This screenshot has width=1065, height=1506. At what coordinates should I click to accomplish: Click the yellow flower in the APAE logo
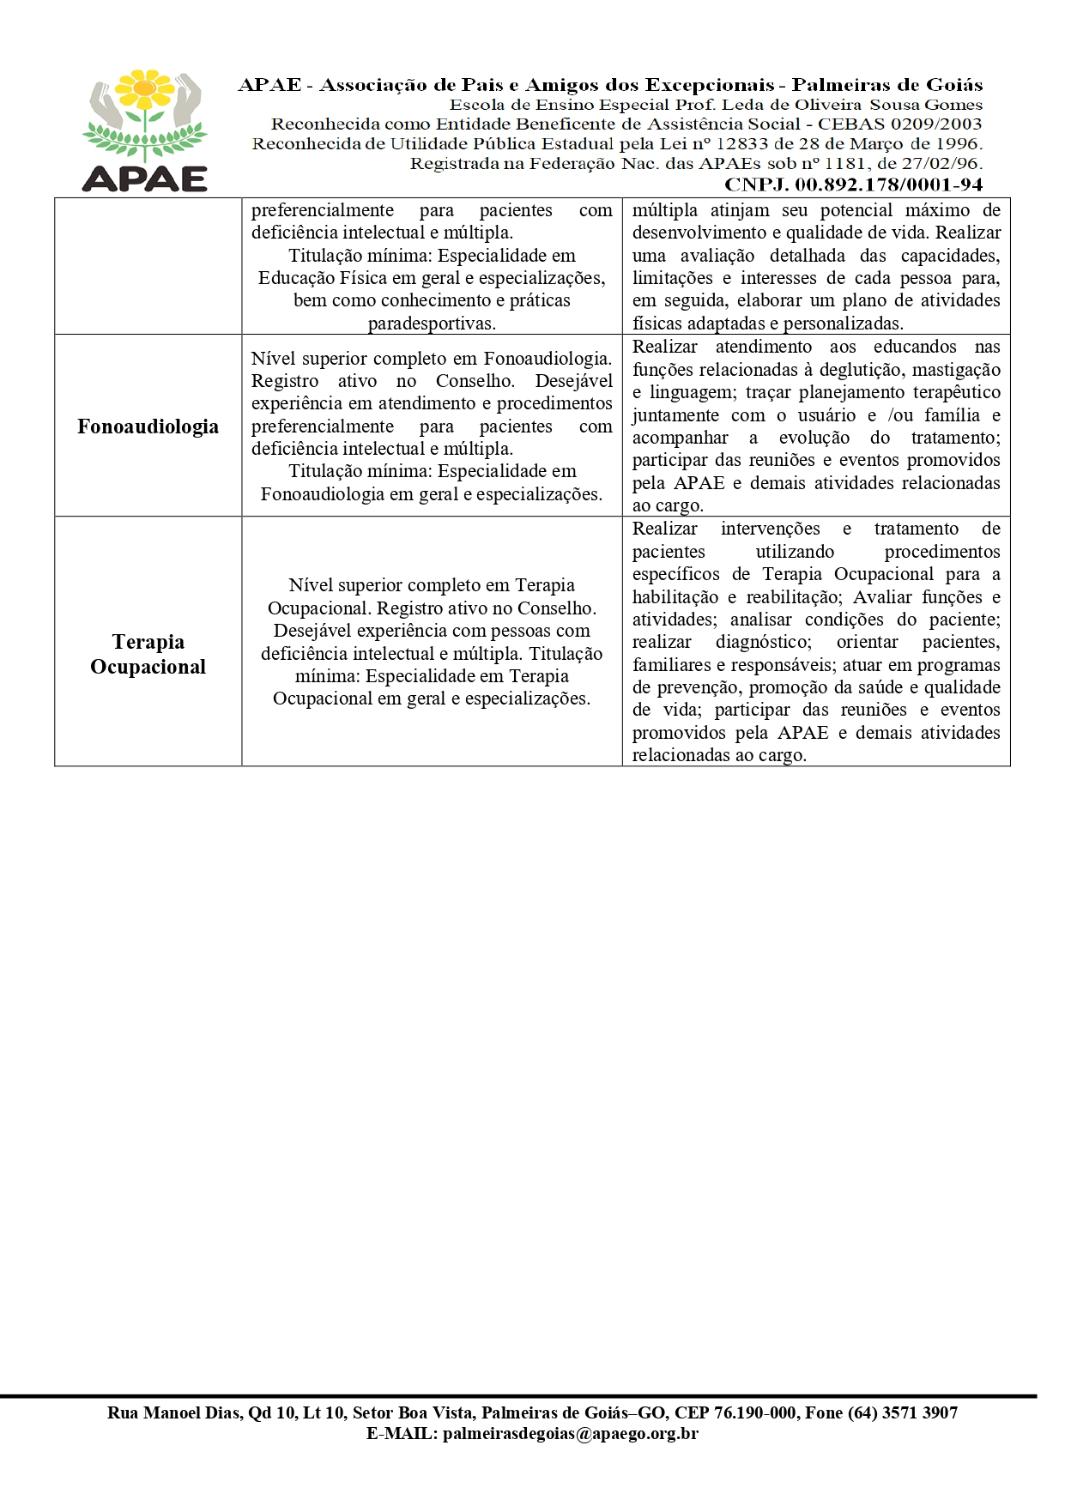coord(145,88)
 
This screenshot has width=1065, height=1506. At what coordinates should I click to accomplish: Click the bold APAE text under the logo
coord(145,178)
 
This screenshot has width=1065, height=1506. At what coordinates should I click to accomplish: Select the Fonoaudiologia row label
coord(148,426)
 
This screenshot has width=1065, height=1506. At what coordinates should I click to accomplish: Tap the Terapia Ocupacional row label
coord(148,654)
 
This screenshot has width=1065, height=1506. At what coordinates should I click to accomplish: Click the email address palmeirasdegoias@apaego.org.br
coord(571,1433)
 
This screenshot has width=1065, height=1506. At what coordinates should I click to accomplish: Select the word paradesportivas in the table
coord(432,324)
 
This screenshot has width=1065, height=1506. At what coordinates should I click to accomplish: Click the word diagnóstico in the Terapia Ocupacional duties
coord(763,642)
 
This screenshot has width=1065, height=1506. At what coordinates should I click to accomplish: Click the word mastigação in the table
coord(955,370)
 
